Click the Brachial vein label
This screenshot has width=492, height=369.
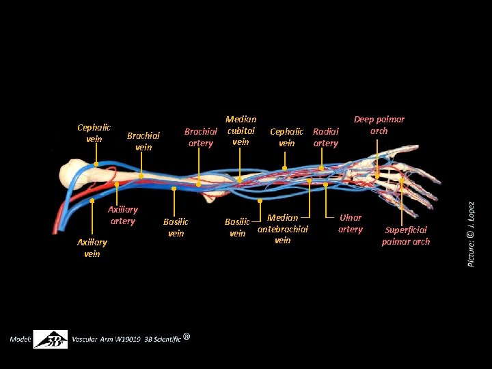pos(143,141)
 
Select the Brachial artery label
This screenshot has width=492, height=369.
pos(200,137)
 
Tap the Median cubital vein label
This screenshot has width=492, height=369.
pos(241,131)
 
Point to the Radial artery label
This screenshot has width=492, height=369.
pos(325,137)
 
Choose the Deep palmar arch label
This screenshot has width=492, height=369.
pos(379,125)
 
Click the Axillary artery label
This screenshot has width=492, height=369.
pos(122,215)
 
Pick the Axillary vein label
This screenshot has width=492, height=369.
pos(92,248)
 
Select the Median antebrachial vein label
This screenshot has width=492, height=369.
pos(282,229)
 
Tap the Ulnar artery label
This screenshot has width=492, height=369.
pos(350,223)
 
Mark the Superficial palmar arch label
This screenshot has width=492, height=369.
pos(406,236)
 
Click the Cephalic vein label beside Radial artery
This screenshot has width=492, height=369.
pos(287,137)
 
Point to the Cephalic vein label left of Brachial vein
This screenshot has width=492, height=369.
pos(94,133)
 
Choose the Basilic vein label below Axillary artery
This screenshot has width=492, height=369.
pos(176,228)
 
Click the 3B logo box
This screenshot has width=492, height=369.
pos(51,340)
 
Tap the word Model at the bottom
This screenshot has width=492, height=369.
pos(20,339)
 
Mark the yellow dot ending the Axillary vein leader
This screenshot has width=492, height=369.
pos(92,201)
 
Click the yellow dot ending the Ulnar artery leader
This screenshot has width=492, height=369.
pos(326,184)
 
